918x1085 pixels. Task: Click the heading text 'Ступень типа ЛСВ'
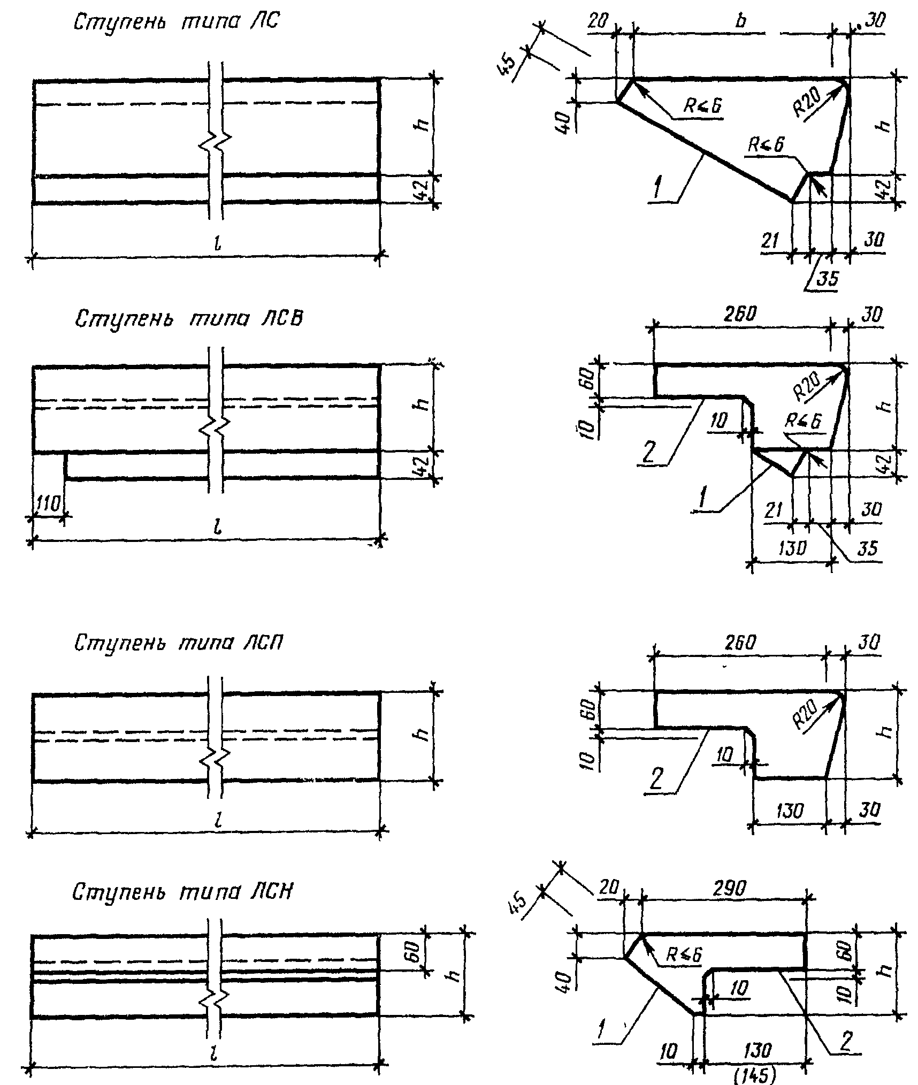tap(189, 319)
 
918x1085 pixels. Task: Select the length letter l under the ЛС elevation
tap(216, 243)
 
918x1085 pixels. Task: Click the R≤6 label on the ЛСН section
tap(684, 953)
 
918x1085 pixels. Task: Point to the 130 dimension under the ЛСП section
tap(789, 812)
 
